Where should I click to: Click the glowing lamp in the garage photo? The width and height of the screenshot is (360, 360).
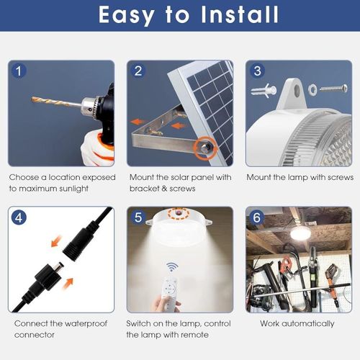coord(300,233)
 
